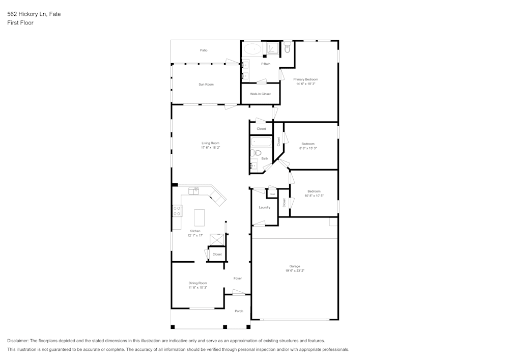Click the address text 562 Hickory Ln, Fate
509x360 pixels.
pyautogui.click(x=34, y=14)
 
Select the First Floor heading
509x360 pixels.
pyautogui.click(x=20, y=23)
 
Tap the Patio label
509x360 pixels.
pyautogui.click(x=204, y=50)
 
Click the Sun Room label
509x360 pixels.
pyautogui.click(x=206, y=84)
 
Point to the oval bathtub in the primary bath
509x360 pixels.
pyautogui.click(x=252, y=49)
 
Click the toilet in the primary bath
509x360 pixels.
pyautogui.click(x=287, y=48)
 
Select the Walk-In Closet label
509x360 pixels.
pyautogui.click(x=260, y=94)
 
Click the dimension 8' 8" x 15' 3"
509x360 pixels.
pyautogui.click(x=307, y=148)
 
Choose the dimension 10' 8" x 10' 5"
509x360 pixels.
pyautogui.click(x=314, y=196)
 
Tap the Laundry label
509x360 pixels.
pyautogui.click(x=264, y=207)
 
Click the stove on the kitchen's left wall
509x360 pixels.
pyautogui.click(x=177, y=210)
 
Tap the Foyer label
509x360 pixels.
pyautogui.click(x=238, y=279)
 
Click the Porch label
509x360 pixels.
pyautogui.click(x=239, y=311)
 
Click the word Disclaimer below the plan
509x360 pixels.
pyautogui.click(x=18, y=341)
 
